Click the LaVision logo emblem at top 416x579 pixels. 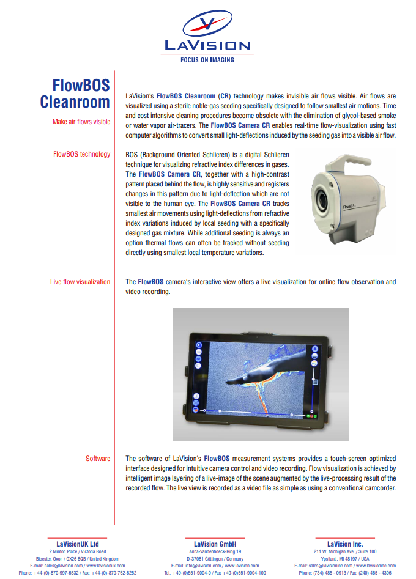coord(207,24)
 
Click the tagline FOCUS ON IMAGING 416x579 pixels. coord(207,60)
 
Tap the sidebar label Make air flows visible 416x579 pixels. coord(81,122)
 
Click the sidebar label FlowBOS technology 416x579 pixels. coord(82,154)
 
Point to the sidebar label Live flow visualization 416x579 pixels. coord(80,282)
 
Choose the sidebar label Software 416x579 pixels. coord(98,459)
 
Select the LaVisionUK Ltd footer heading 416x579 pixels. coord(78,544)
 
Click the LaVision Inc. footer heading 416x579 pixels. coord(345,544)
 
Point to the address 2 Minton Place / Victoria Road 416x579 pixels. coord(78,551)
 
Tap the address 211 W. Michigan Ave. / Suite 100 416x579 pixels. coord(345,551)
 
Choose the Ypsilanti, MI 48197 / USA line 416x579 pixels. coord(345,559)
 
